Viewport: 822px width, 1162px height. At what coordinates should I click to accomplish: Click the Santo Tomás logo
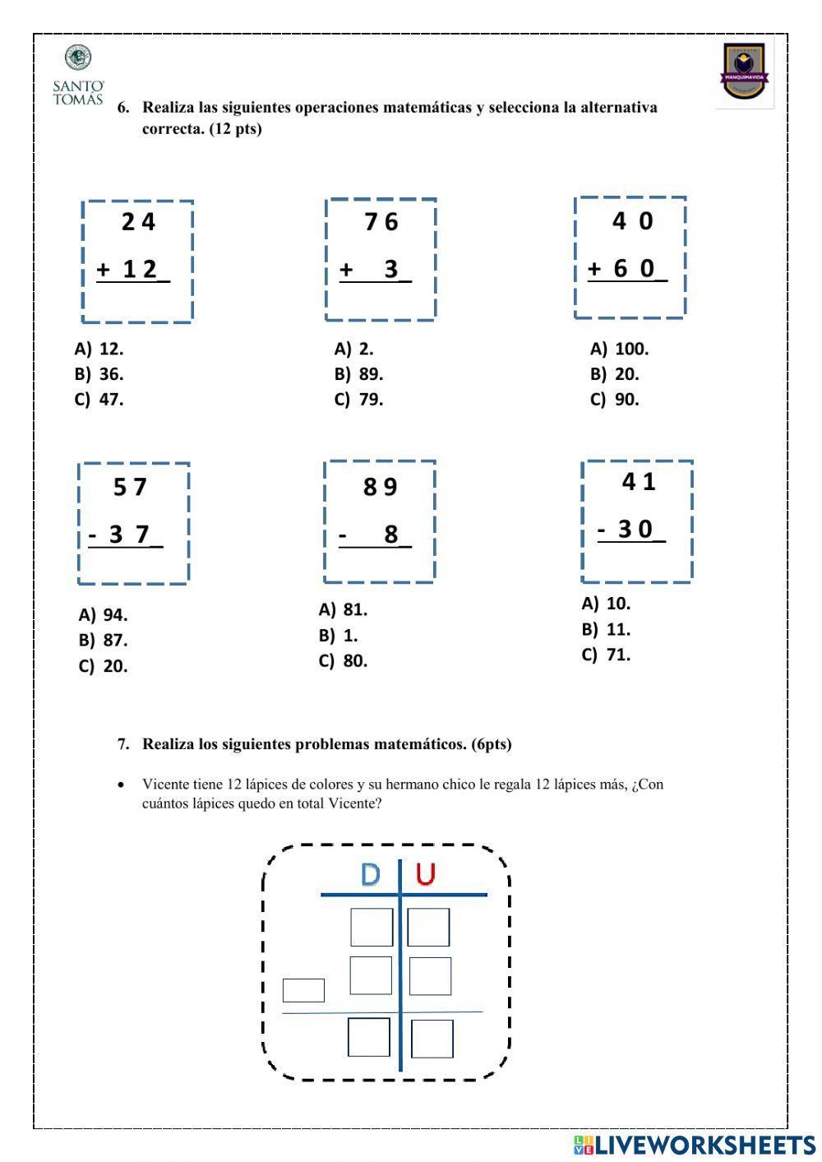coord(78,76)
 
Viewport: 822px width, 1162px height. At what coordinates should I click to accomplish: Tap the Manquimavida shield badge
coord(744,74)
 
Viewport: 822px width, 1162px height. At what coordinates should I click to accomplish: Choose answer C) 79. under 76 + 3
coord(359,400)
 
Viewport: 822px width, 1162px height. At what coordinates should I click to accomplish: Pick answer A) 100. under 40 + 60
coord(620,349)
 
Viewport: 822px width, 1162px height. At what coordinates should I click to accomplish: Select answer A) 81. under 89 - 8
coord(344,609)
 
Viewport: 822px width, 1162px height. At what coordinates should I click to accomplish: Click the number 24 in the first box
coord(138,222)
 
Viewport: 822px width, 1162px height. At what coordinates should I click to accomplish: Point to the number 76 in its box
coord(381,222)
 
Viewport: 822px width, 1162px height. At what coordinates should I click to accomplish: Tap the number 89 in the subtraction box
coord(381,488)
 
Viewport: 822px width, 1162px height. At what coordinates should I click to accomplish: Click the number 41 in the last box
coord(639,482)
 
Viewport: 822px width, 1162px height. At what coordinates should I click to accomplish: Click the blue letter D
coord(370,875)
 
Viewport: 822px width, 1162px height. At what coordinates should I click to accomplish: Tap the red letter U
coord(425,875)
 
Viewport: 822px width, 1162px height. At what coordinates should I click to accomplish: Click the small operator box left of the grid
coord(303,990)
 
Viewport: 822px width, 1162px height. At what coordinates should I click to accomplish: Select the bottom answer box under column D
coord(368,1037)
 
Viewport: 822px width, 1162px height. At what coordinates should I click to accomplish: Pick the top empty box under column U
coord(428,927)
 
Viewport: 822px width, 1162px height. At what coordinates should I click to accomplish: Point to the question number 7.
coord(123,744)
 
